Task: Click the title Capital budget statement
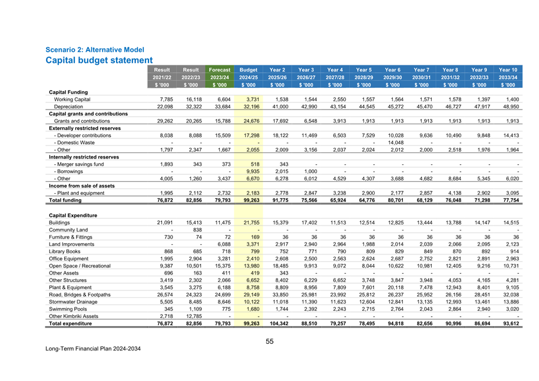pos(99,60)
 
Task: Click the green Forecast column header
pos(219,69)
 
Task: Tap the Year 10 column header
pos(508,69)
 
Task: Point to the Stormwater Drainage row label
pos(75,301)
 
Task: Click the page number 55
pos(269,341)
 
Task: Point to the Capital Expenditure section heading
pos(73,215)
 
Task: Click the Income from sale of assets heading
pos(81,185)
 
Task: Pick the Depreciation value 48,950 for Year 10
pos(510,107)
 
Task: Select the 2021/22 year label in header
pos(162,77)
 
